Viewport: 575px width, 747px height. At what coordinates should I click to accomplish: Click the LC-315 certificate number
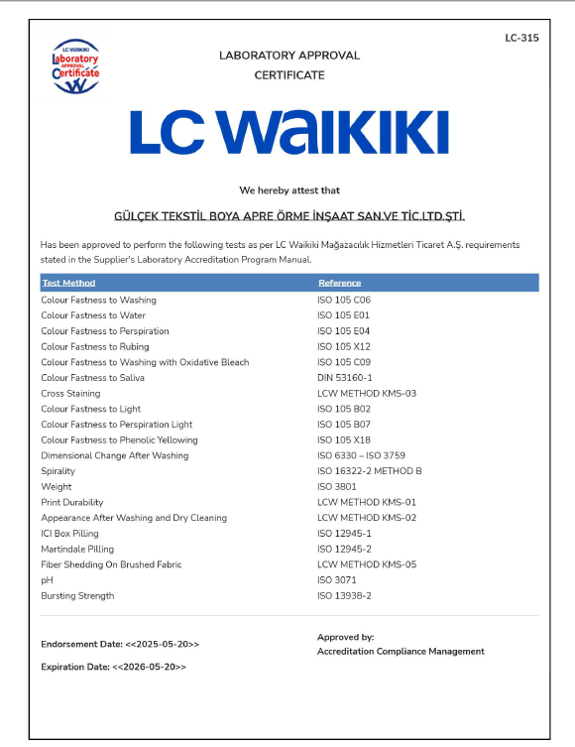(x=521, y=38)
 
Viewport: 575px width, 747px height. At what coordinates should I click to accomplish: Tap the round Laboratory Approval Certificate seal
(x=75, y=67)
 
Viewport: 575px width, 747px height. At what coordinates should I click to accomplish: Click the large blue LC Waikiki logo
(x=288, y=133)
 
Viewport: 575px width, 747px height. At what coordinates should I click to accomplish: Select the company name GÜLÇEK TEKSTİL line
(x=289, y=216)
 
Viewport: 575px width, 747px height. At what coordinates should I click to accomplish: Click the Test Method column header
(x=68, y=283)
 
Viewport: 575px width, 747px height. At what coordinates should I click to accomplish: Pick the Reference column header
(x=339, y=283)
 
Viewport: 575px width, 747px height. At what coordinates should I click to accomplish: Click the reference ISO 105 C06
(x=343, y=300)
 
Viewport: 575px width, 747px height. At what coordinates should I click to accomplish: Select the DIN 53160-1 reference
(x=344, y=378)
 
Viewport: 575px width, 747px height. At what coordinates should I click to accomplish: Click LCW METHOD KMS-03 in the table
(x=367, y=393)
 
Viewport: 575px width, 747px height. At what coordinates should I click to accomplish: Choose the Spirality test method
(x=57, y=471)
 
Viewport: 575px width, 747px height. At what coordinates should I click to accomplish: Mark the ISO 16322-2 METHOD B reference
(x=369, y=471)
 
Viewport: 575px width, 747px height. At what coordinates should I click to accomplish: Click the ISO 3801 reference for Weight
(x=336, y=487)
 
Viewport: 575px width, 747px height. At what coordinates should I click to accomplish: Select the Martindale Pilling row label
(x=77, y=549)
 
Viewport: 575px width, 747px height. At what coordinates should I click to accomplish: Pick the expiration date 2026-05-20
(x=149, y=667)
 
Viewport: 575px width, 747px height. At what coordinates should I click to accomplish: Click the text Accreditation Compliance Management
(x=401, y=652)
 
